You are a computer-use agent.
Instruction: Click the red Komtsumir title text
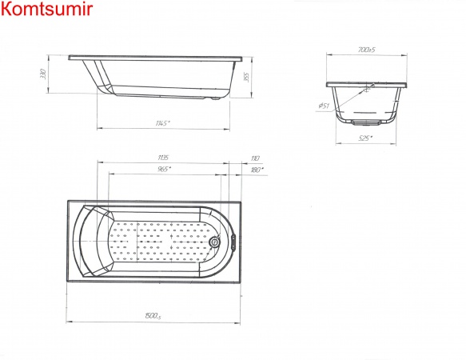pos(47,10)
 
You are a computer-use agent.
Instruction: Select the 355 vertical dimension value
pos(248,77)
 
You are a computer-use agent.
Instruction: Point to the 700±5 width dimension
pos(366,50)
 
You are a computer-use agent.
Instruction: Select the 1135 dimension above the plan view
pos(163,158)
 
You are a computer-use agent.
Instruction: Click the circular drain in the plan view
pos(215,242)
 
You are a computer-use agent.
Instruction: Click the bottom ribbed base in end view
pos(366,122)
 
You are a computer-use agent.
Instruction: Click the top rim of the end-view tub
pos(366,83)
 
